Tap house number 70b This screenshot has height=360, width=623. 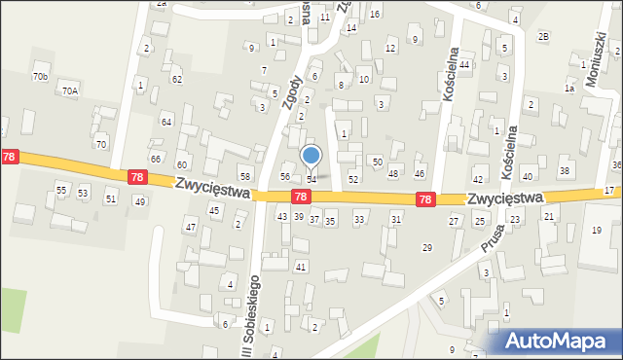pos(40,76)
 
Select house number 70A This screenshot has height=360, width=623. pos(69,90)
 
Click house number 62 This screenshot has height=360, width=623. pos(176,79)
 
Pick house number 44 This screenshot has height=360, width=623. pos(464,64)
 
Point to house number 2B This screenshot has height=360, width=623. pos(544,37)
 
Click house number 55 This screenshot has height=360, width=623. pos(60,190)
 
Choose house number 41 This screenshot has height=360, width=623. pos(301,267)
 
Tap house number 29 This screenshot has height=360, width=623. pos(426,248)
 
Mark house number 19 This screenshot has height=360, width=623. pos(597,230)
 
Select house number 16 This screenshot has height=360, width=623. pos(375,14)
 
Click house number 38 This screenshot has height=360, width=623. pos(564,171)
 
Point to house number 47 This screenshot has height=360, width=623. pos(190,227)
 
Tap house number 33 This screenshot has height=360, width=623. pos(359,220)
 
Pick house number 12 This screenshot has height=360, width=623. pos(391,48)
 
